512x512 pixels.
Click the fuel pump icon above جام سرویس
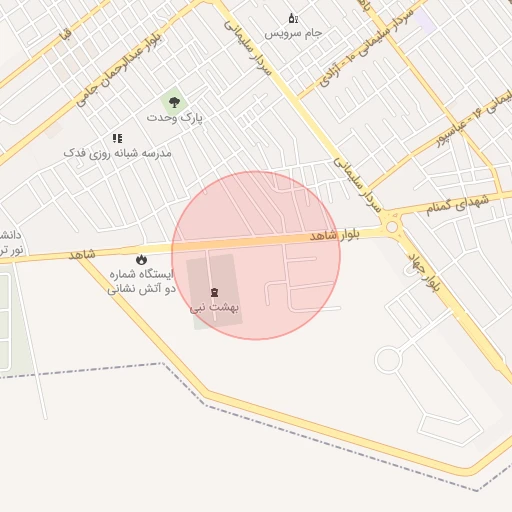pyautogui.click(x=293, y=18)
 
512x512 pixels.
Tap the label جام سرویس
pyautogui.click(x=294, y=33)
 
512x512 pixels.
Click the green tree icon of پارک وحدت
pyautogui.click(x=175, y=102)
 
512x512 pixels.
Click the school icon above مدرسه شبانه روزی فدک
pyautogui.click(x=117, y=138)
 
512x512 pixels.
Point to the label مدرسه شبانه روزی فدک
pyautogui.click(x=118, y=153)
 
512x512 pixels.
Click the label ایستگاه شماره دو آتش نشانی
pyautogui.click(x=141, y=280)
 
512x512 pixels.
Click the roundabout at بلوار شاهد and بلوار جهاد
pyautogui.click(x=392, y=228)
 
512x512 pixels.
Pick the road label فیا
pyautogui.click(x=66, y=35)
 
